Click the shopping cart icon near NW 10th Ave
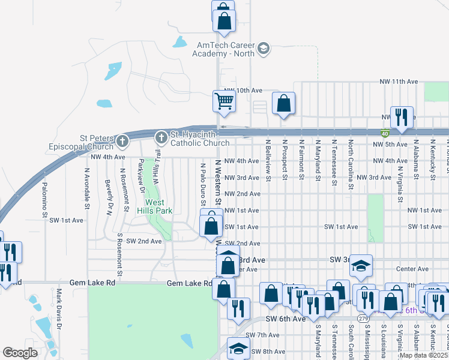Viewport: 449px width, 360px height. pos(224,101)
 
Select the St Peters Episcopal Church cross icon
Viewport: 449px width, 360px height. pos(122,142)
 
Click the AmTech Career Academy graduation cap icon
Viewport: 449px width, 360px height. pos(264,48)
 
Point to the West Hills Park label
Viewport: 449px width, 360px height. pos(158,207)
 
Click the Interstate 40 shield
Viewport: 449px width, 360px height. pos(384,133)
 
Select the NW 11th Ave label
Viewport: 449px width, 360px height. pos(398,81)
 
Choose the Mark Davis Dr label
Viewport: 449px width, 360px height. pos(59,309)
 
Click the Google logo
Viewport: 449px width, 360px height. pos(20,353)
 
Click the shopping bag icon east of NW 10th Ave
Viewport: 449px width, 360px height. pos(283,103)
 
